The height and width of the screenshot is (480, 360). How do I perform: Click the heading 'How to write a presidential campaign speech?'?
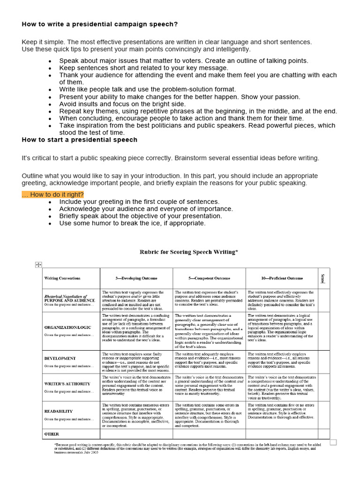(99, 24)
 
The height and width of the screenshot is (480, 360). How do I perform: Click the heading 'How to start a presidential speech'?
(79, 140)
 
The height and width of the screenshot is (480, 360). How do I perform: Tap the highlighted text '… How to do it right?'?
(52, 195)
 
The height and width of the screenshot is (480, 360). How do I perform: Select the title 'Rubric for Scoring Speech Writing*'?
(189, 252)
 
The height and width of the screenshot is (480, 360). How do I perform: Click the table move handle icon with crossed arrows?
(39, 265)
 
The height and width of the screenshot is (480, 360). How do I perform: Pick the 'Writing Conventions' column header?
(62, 278)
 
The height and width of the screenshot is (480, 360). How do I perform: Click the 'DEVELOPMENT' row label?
(60, 358)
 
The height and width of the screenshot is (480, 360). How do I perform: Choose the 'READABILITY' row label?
(59, 411)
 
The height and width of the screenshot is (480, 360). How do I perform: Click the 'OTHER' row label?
(52, 434)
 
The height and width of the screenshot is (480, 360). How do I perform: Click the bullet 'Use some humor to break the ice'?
(132, 223)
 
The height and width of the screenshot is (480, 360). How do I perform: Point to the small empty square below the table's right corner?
(333, 442)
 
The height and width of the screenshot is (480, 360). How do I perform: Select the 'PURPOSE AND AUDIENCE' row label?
(69, 300)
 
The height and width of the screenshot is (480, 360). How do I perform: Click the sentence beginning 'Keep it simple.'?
(166, 42)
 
